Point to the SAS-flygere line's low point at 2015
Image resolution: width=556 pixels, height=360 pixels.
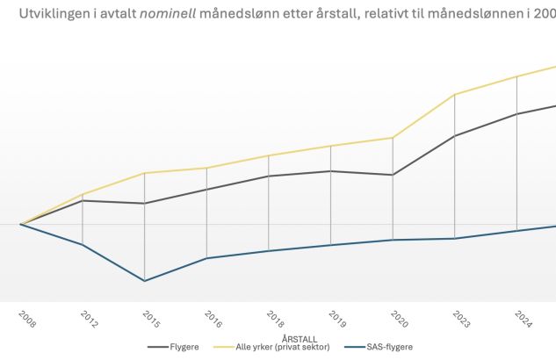click(144, 281)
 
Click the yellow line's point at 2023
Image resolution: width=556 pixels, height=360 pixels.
click(454, 94)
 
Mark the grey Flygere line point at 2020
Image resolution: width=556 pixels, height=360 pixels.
click(393, 175)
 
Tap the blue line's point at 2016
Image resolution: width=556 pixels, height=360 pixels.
click(206, 258)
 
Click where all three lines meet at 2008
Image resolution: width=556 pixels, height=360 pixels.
click(21, 224)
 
